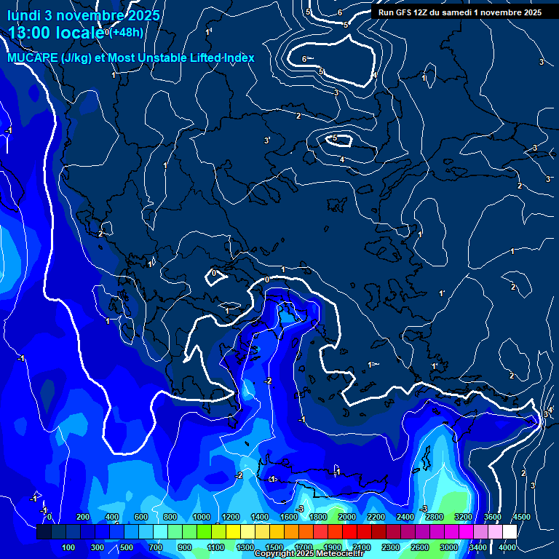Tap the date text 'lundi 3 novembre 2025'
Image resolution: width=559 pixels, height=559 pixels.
pos(84,15)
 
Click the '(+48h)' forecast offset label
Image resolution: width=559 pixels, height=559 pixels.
pos(127,32)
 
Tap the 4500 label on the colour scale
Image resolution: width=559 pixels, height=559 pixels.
pos(521,517)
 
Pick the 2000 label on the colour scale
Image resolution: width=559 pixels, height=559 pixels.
pos(347,517)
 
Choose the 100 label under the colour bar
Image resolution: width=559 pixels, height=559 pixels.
pos(69,547)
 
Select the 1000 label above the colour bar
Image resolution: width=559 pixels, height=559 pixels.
pos(201,517)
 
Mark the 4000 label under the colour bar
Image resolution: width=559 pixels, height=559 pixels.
pos(507,547)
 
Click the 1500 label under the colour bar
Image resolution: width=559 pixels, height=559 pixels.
pos(274,547)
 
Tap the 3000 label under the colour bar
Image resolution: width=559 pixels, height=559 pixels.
pos(449,547)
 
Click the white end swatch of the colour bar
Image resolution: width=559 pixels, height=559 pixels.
pos(510,532)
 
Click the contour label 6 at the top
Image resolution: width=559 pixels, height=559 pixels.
pos(340,12)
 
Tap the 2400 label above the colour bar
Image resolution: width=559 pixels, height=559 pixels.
pos(405,517)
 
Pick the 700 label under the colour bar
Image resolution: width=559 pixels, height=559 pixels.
pos(156,547)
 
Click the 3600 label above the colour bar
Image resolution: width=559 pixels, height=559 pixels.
pos(492,517)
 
